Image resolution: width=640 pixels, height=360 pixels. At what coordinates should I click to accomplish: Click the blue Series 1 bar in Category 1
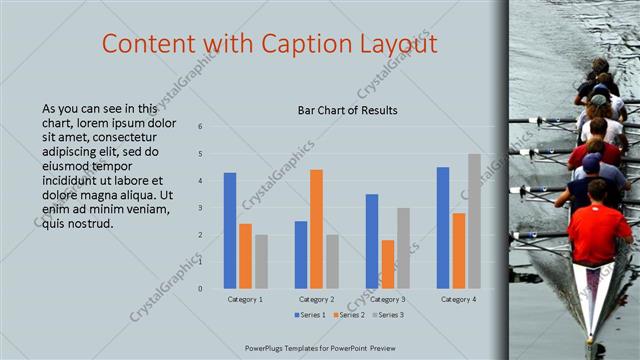(x=230, y=231)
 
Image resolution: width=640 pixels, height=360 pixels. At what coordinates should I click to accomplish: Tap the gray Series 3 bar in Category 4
(x=474, y=221)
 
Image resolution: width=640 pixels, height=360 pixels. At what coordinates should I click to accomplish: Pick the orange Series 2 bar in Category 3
(x=387, y=264)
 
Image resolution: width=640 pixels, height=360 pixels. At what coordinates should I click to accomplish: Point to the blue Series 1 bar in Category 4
(x=443, y=228)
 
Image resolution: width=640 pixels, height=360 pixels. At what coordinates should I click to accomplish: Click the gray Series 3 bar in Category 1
(x=261, y=261)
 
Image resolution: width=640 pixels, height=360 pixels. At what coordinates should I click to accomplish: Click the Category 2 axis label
(x=316, y=299)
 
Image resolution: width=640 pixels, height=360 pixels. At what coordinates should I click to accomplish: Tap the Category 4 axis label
(x=458, y=299)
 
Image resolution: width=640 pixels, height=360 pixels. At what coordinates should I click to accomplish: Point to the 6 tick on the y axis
(x=201, y=127)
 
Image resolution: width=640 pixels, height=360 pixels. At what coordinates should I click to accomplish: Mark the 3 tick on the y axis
(x=201, y=208)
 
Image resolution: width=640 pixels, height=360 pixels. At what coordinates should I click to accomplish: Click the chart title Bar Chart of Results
(x=348, y=110)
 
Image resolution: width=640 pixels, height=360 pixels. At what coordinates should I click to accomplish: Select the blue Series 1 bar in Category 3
(x=372, y=241)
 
